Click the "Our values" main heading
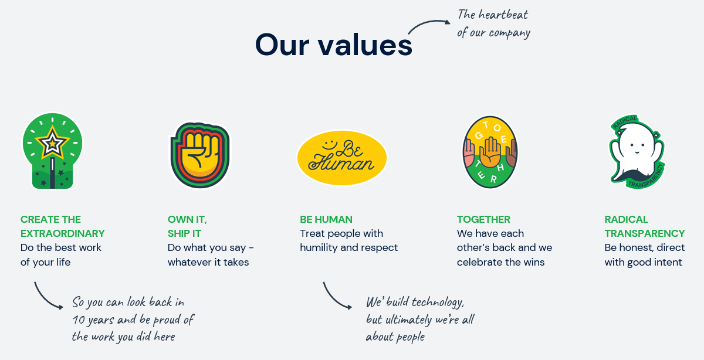point(333,45)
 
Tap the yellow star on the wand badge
point(52,144)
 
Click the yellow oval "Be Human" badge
point(342,158)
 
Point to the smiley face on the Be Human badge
point(329,145)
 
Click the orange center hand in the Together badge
point(490,152)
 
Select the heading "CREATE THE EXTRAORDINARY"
point(62,226)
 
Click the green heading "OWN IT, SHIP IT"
point(187,226)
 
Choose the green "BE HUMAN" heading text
point(326,219)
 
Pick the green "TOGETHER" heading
point(483,219)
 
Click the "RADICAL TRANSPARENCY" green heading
point(645,226)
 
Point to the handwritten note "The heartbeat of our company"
point(493,24)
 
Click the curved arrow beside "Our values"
point(429,23)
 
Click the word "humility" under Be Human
point(319,247)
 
